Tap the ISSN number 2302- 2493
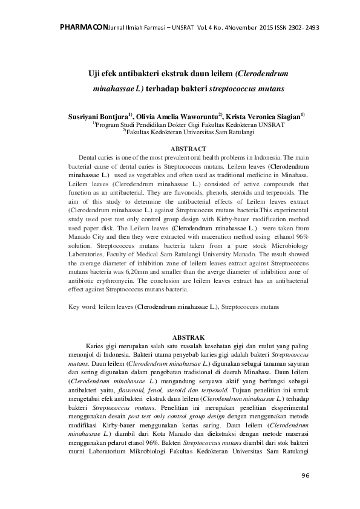tap(299, 27)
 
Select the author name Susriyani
tap(87, 115)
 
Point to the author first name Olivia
tap(148, 115)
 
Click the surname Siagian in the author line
tap(287, 115)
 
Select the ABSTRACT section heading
tap(189, 148)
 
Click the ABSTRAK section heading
tap(189, 336)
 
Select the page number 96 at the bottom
tap(304, 476)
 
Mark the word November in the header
tap(234, 27)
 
